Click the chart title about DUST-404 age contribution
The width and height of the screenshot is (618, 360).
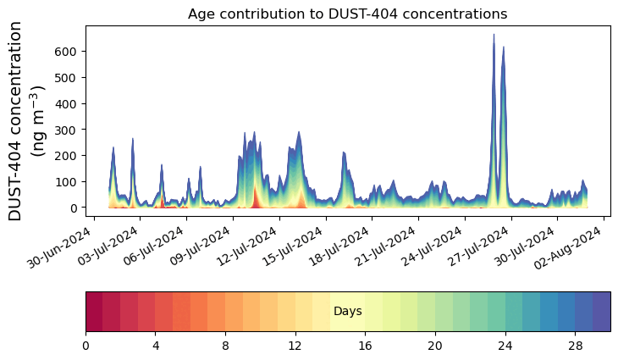(x=347, y=14)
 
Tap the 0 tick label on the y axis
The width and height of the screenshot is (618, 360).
(x=76, y=208)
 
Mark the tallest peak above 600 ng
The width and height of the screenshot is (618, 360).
(x=494, y=36)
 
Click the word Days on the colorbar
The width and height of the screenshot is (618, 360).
(x=347, y=312)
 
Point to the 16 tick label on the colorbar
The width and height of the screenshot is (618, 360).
(x=365, y=346)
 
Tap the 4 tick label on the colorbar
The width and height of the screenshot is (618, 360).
(x=156, y=346)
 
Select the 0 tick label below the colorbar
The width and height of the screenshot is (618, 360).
(x=86, y=346)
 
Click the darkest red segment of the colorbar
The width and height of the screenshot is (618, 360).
(x=94, y=312)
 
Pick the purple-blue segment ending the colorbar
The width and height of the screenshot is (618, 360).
(x=601, y=312)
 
